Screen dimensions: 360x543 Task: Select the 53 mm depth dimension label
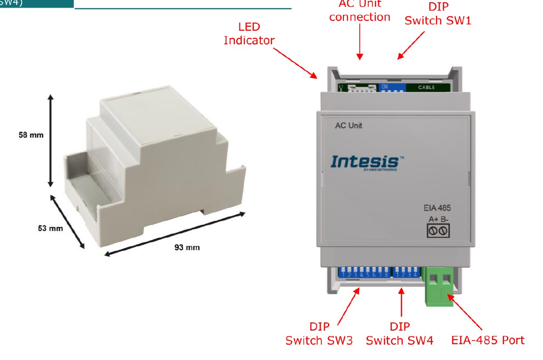coord(50,228)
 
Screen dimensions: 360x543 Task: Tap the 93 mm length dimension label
coord(187,247)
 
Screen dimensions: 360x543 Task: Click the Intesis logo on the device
coord(365,162)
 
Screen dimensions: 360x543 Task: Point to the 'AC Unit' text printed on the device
coord(348,125)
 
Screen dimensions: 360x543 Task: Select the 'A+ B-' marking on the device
coord(438,219)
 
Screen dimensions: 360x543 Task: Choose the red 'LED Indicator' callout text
coord(249,33)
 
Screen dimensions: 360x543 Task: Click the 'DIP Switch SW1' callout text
coord(438,14)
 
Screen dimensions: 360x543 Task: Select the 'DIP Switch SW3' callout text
coord(319,334)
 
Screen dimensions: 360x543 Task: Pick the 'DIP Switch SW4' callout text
coord(400,334)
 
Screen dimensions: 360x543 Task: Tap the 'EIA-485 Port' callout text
coord(488,340)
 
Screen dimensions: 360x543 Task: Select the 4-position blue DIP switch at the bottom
coord(405,273)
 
